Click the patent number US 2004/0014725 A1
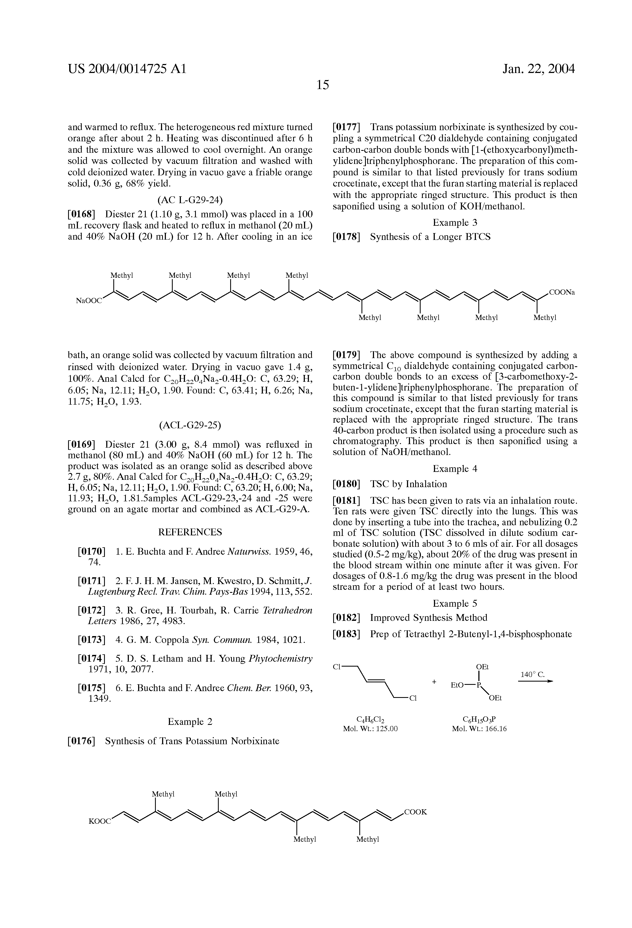click(x=127, y=69)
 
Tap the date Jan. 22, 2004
click(x=539, y=69)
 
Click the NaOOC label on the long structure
click(x=89, y=301)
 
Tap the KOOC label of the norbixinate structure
click(x=100, y=821)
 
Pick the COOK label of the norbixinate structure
click(x=415, y=812)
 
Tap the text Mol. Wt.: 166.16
click(x=479, y=729)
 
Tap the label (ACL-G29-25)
click(x=190, y=425)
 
